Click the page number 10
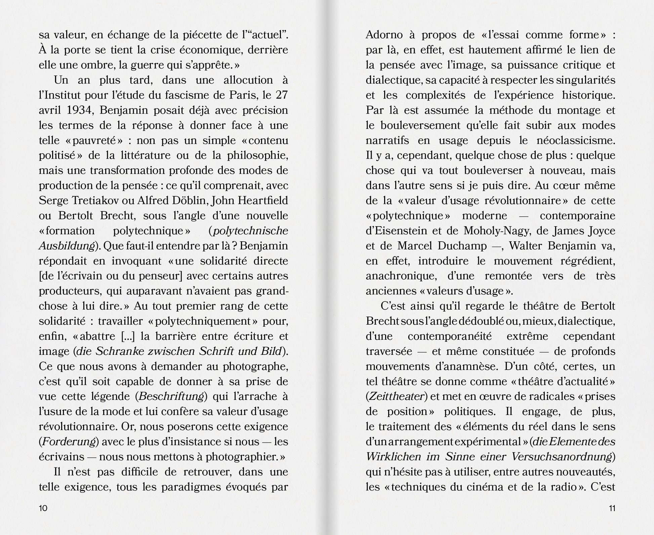click(x=43, y=508)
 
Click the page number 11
click(x=612, y=508)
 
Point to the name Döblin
click(x=190, y=201)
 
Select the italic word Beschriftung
click(x=171, y=397)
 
